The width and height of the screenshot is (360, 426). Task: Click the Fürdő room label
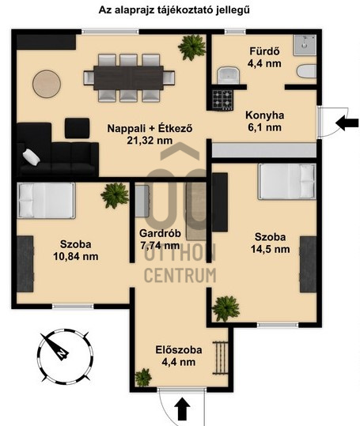click(264, 51)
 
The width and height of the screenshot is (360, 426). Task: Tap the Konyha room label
click(264, 115)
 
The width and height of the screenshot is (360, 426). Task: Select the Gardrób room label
click(160, 233)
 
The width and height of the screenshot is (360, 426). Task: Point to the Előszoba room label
click(179, 349)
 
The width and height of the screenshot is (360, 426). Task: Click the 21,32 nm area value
click(150, 140)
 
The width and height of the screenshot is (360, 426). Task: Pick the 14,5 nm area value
click(271, 249)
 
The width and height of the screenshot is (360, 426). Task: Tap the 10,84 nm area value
click(76, 256)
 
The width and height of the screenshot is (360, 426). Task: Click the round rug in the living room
click(47, 84)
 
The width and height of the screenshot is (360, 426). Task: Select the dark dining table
click(129, 77)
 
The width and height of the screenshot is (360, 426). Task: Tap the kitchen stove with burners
click(222, 100)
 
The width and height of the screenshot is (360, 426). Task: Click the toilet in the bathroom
click(306, 72)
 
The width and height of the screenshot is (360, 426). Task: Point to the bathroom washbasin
click(228, 75)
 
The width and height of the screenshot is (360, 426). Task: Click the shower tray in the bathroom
click(305, 45)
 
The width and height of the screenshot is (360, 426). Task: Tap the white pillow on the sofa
click(32, 156)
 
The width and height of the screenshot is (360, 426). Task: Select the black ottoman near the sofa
click(78, 128)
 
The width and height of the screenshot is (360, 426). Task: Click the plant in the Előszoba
click(143, 377)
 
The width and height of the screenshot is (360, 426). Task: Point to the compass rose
click(65, 356)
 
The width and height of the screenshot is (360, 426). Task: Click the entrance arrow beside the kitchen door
click(347, 123)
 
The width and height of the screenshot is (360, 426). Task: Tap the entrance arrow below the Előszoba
click(182, 409)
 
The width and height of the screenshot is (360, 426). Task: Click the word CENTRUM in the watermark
click(180, 275)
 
